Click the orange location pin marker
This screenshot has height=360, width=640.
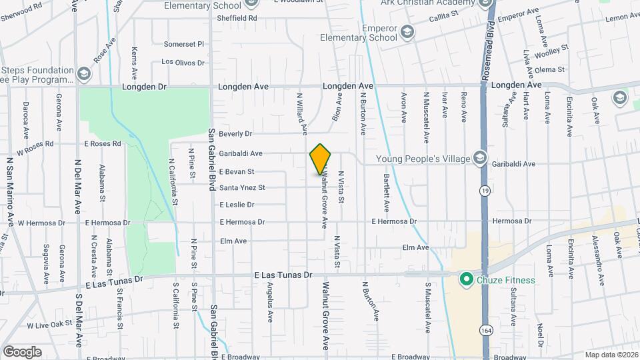pos(321,159)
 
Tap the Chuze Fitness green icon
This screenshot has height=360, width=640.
pos(467,280)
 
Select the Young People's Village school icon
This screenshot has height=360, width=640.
pos(479,158)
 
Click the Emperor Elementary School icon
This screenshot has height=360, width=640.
pos(407,31)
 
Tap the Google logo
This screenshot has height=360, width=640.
pos(22,351)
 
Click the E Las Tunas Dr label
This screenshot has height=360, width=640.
pos(283,275)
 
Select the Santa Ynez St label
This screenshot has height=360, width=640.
pos(242,188)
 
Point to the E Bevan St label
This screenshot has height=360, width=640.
pos(237,171)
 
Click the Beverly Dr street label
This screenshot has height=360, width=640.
pos(235,133)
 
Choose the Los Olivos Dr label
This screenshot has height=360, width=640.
pos(183,63)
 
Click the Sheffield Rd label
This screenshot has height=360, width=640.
pos(237,18)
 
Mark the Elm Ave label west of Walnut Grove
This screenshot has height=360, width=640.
pos(233,241)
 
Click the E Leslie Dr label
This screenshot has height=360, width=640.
pos(237,205)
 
